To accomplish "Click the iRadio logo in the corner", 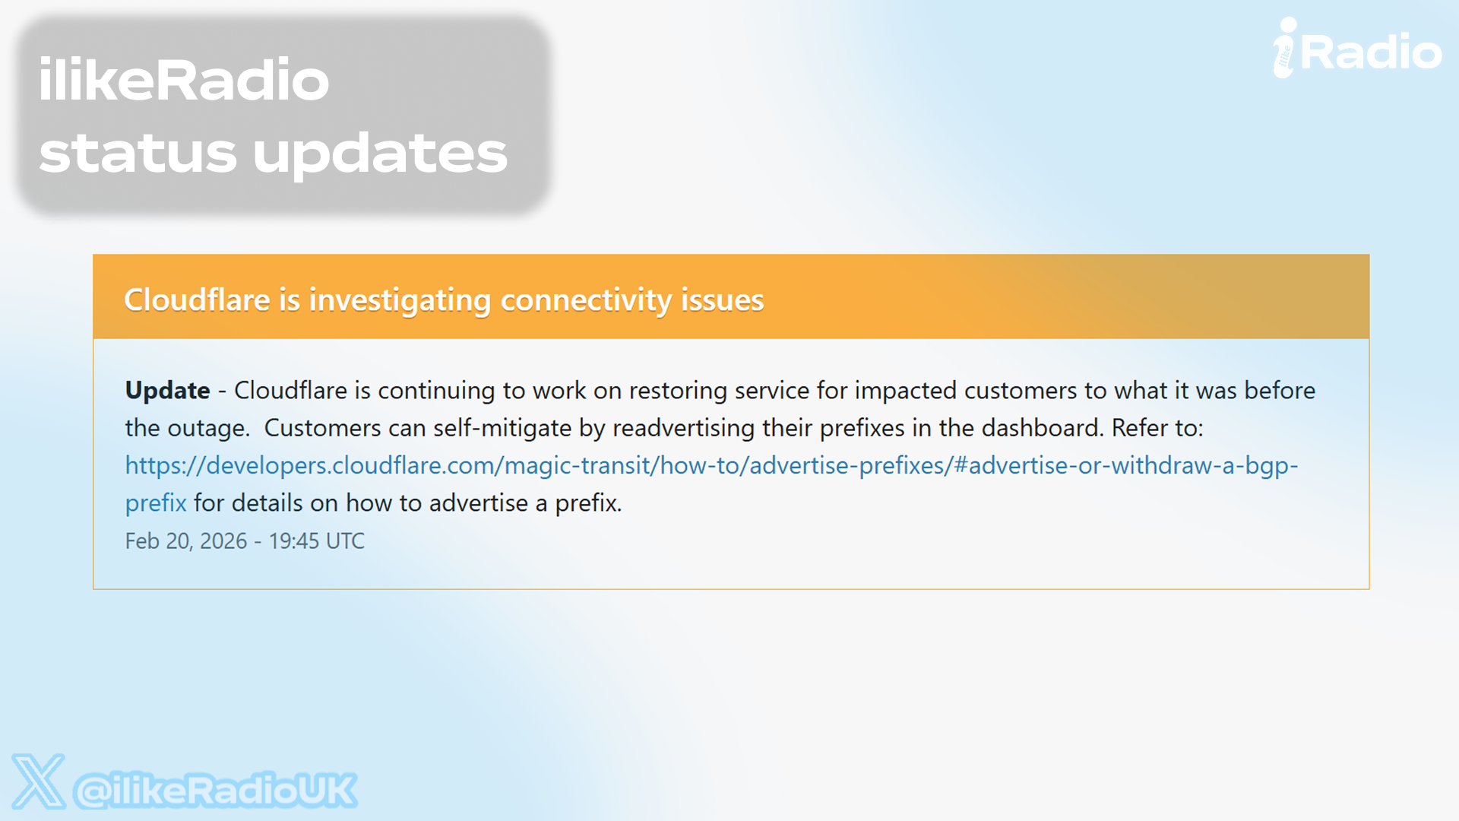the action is pyautogui.click(x=1357, y=49).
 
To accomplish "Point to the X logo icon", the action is pyautogui.click(x=38, y=781).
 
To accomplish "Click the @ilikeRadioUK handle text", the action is pyautogui.click(x=215, y=791).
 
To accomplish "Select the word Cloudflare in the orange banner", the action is pyautogui.click(x=197, y=300).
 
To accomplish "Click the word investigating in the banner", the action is pyautogui.click(x=400, y=301).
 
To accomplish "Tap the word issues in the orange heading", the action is pyautogui.click(x=722, y=300).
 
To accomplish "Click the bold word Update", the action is pyautogui.click(x=167, y=391).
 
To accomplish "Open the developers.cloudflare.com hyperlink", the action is pyautogui.click(x=712, y=465).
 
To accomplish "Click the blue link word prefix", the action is pyautogui.click(x=156, y=503).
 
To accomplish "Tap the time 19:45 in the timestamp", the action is pyautogui.click(x=293, y=541).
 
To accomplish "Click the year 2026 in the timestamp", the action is pyautogui.click(x=223, y=541).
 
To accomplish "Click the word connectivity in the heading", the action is pyautogui.click(x=586, y=301).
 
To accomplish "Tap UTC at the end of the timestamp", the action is pyautogui.click(x=345, y=541).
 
